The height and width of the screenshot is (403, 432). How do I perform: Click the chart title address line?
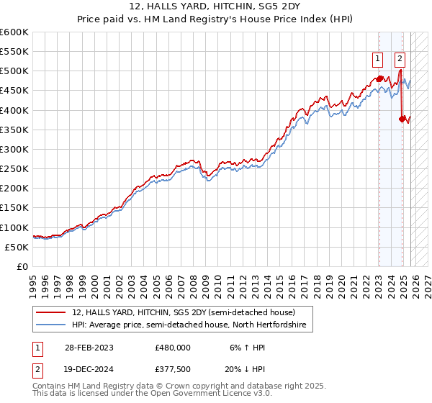[x=217, y=7]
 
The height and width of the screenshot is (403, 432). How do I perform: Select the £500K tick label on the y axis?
[x=14, y=71]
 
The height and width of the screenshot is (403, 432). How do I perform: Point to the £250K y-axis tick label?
[x=14, y=168]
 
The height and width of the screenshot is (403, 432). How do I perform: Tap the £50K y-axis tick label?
[x=17, y=247]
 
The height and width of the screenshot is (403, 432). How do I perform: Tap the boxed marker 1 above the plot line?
[x=378, y=60]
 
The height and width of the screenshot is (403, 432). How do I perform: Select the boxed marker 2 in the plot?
[x=400, y=60]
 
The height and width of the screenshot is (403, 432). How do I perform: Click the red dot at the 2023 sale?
[x=379, y=78]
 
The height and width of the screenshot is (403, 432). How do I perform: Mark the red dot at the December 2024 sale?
[x=402, y=119]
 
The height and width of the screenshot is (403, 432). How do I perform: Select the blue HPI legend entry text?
[x=189, y=325]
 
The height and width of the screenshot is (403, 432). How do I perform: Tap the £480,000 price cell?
[x=173, y=346]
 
